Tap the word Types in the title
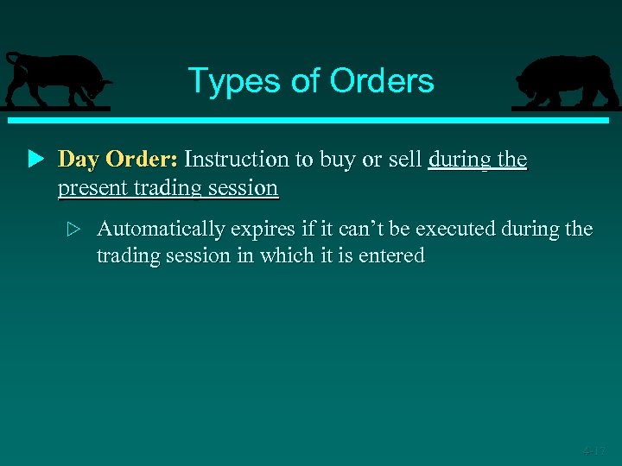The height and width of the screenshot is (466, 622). coord(226,81)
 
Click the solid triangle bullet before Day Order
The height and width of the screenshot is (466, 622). coord(35,160)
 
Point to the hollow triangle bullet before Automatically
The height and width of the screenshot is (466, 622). coord(73,230)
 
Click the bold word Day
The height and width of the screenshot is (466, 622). coord(79,160)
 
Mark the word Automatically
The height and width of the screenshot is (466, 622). coord(161,230)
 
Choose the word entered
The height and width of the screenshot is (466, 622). coord(394,255)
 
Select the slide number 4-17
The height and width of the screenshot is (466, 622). coord(593,450)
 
